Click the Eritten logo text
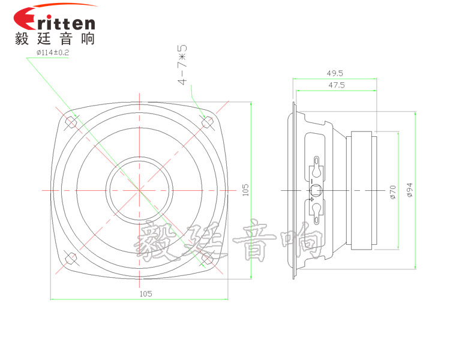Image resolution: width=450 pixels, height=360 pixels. pos(63,22)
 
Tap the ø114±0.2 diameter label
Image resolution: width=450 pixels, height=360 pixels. pos(53,53)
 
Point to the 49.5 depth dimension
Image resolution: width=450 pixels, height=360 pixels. pos(335,73)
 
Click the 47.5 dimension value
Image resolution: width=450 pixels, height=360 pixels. pos(335,85)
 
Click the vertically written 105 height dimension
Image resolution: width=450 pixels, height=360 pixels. pos(245,190)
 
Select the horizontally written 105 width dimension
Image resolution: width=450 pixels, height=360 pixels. pos(145,293)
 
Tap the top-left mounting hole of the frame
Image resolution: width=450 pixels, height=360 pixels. pos(71,122)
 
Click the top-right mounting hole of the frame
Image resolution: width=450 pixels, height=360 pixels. pos(208,122)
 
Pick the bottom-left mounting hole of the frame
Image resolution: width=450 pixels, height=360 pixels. pos(71,259)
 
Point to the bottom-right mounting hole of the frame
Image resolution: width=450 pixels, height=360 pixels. pos(208,258)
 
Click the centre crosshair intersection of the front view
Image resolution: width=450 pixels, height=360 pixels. pos(139,190)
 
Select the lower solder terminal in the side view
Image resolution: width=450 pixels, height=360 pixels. pos(316,209)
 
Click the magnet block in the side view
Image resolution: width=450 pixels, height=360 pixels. pos(363,190)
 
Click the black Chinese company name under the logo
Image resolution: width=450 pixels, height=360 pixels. pos(54,39)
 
